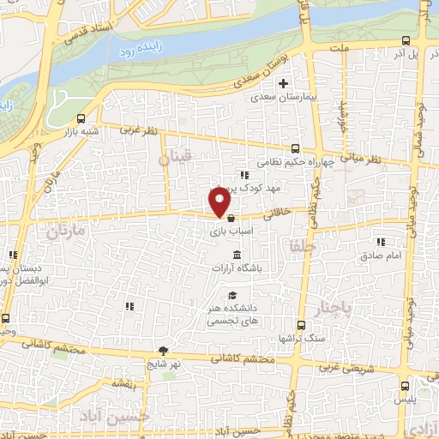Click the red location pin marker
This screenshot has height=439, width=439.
coord(220,202)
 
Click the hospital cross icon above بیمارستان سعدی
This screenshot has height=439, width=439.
coord(282,84)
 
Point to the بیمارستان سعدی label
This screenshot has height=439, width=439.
coord(283,98)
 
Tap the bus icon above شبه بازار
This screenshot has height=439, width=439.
coord(81,119)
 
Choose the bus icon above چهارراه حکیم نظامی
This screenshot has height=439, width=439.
coord(295,147)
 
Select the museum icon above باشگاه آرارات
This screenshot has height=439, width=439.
coord(237,255)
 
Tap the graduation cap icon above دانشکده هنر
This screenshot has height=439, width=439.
coord(232,296)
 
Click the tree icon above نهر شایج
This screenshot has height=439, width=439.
coord(163,351)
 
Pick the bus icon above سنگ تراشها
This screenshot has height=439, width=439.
coord(300,325)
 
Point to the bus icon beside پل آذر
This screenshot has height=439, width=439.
coord(406,39)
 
